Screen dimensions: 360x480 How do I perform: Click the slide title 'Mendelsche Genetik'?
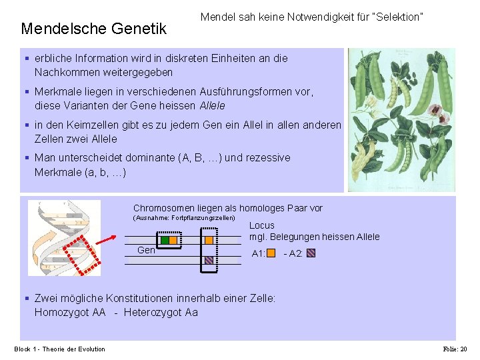93,29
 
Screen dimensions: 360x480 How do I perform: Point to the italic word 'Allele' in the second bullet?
212,105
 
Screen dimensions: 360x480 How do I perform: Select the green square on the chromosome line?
164,240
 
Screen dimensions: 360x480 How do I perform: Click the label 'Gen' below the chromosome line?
146,250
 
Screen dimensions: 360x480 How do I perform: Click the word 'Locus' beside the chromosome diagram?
262,225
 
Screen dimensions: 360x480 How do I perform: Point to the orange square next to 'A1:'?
271,253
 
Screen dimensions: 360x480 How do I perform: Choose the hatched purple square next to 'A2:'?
311,253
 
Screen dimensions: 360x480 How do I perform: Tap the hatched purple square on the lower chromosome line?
209,260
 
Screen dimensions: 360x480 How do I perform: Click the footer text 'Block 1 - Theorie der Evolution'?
60,349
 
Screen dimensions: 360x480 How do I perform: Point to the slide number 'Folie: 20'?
455,349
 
